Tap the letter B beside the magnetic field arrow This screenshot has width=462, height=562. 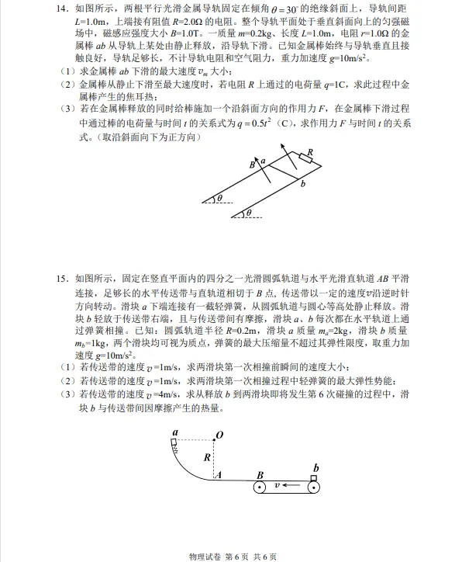[x=253, y=165]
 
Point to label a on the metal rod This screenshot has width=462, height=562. [x=264, y=160]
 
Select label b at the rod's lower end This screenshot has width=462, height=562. [x=302, y=184]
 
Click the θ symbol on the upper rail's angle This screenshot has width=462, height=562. [x=219, y=199]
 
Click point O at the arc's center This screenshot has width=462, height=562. [x=219, y=435]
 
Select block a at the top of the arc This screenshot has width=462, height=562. [x=175, y=442]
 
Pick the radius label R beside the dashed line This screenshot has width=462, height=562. [x=207, y=457]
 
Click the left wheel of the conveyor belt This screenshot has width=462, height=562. [x=260, y=488]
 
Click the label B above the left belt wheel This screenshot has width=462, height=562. [x=260, y=474]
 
